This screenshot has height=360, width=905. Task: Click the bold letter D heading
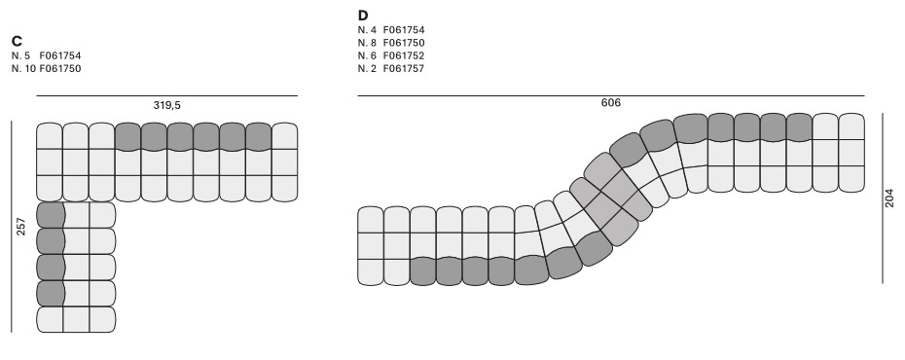click(363, 17)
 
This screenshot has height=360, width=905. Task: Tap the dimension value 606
click(610, 103)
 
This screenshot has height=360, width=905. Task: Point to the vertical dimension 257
click(21, 228)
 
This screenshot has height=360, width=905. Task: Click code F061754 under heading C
click(60, 54)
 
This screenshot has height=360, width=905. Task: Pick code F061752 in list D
click(404, 55)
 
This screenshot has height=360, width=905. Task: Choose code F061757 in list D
click(404, 68)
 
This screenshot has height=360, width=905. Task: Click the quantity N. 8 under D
click(367, 43)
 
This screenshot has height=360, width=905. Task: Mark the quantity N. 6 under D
click(367, 55)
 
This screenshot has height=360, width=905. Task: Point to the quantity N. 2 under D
click(367, 68)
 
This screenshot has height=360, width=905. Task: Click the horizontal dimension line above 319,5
click(166, 95)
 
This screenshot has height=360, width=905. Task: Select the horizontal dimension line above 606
click(610, 95)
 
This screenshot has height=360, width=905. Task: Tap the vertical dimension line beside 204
click(882, 198)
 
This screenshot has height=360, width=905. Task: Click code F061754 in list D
click(404, 30)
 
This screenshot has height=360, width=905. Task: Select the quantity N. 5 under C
click(20, 54)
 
